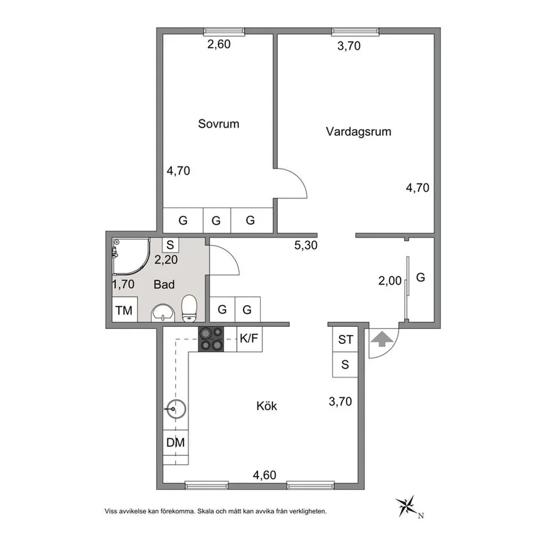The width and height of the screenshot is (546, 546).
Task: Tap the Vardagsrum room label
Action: pos(358,132)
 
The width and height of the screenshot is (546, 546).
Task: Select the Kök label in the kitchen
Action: pos(266,406)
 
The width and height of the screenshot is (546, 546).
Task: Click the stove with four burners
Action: pos(211,339)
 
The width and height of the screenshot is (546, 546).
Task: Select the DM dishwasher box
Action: pos(176,442)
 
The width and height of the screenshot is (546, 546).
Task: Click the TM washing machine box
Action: pos(124,311)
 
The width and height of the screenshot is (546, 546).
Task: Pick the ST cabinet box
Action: pos(345,339)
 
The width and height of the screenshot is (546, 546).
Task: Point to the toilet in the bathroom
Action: pos(190,308)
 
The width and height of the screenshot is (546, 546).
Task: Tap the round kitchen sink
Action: pos(176,409)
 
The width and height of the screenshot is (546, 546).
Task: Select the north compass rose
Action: pos(408,506)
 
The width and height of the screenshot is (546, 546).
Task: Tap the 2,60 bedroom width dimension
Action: pos(219,46)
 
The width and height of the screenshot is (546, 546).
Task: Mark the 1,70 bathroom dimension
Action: pos(123,284)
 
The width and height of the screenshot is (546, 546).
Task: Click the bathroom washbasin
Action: pos(162,313)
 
